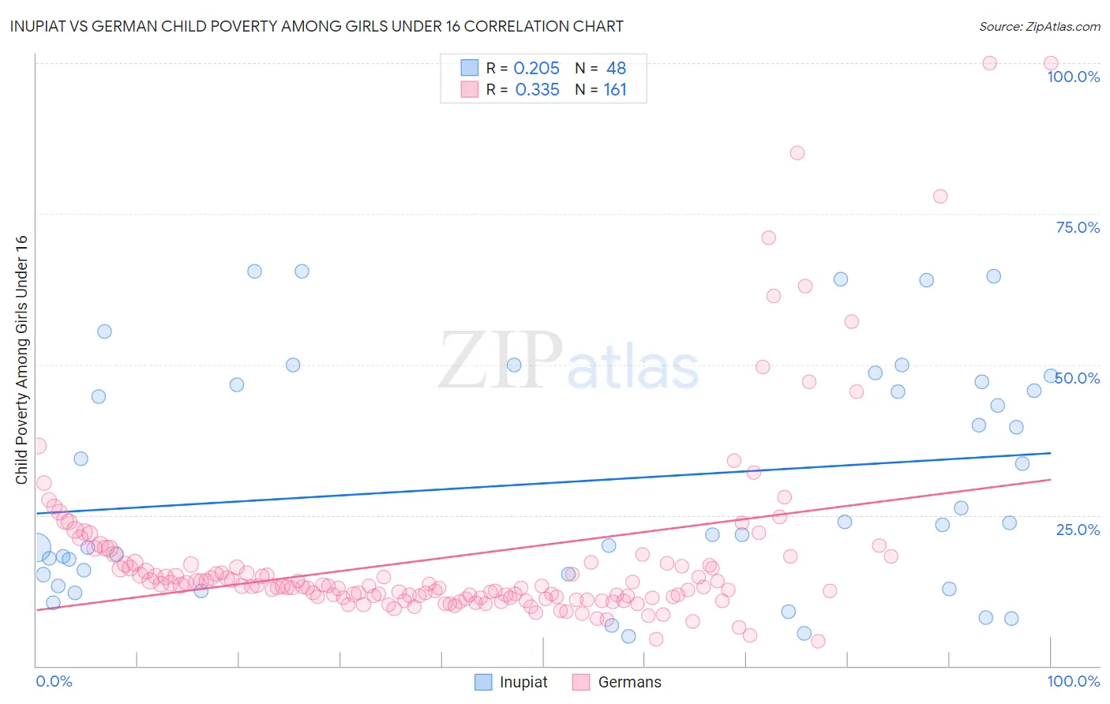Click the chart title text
(317, 26)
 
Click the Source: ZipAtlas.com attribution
(1039, 26)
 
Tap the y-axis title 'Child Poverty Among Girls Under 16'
(21, 360)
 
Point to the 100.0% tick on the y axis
(1073, 77)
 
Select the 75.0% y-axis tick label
(1078, 227)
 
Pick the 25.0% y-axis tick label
(1078, 529)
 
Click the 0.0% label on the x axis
(54, 681)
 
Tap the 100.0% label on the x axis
(1073, 681)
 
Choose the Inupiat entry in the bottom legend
(511, 682)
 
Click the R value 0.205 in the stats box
(536, 69)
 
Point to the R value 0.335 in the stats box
(537, 90)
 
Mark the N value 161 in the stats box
(615, 90)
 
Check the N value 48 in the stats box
(616, 69)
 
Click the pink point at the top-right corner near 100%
(1051, 63)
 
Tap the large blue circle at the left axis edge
(36, 547)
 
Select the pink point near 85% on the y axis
(797, 153)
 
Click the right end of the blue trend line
(1050, 453)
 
